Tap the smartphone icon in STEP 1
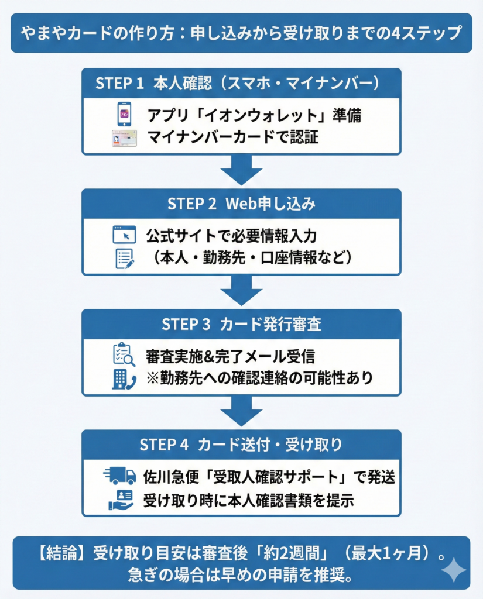(124, 115)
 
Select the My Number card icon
(124, 139)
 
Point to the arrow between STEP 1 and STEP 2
(241, 171)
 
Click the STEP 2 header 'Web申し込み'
(241, 204)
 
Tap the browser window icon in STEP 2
(124, 235)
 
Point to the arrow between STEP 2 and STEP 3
(241, 291)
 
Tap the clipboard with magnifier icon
(124, 354)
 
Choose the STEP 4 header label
(241, 445)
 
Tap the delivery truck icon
(119, 476)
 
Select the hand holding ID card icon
(121, 500)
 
